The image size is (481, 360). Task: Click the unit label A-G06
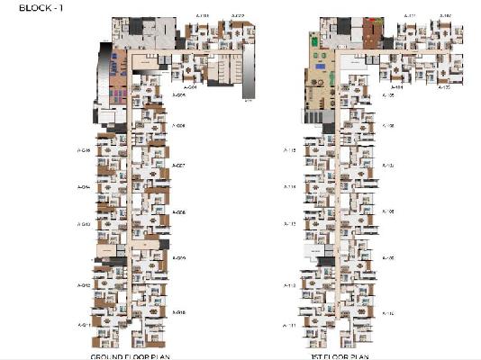(178, 128)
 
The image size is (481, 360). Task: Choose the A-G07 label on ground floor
(178, 166)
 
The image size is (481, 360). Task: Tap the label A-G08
(178, 212)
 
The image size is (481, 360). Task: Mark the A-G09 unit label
(178, 258)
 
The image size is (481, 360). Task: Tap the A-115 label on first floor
(290, 150)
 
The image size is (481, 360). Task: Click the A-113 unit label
(290, 224)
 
